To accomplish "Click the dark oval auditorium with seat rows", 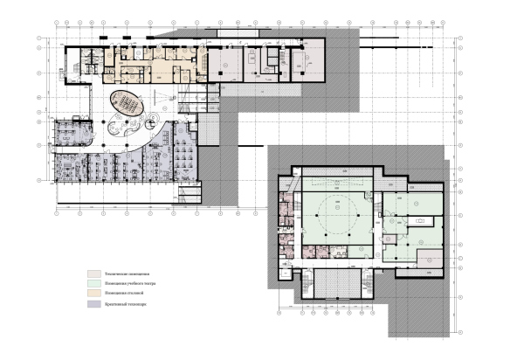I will pos(128,106).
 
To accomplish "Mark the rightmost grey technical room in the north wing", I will pos(305,61).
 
